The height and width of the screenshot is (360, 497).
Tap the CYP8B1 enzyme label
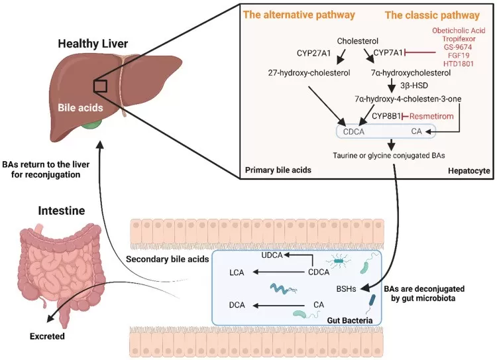point(386,116)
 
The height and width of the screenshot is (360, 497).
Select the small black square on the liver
point(100,86)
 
